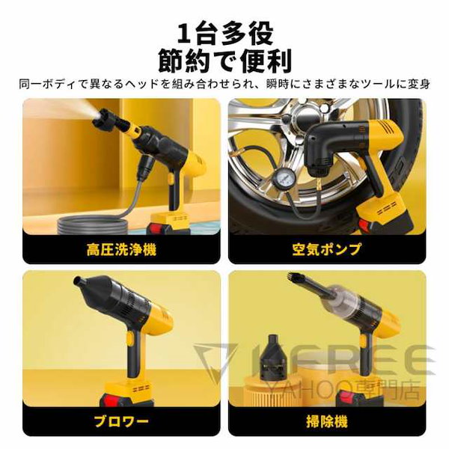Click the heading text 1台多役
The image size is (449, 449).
225,33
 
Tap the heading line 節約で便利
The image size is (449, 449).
225,61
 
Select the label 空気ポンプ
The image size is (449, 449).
327,248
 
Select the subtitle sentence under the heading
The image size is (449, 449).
225,84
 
